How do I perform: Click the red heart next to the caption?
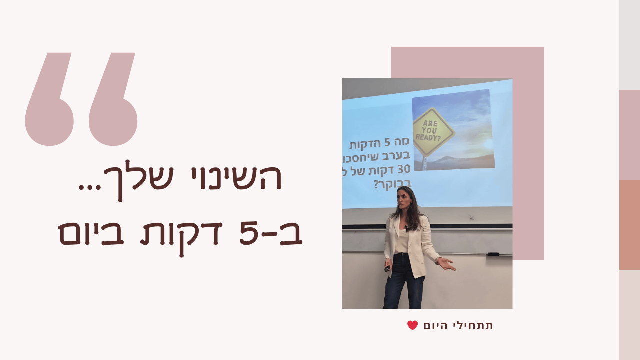pyautogui.click(x=412, y=325)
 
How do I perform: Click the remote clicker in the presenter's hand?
pyautogui.click(x=387, y=268)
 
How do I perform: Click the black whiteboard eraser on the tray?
pyautogui.click(x=493, y=254)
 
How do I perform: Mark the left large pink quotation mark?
pyautogui.click(x=50, y=100)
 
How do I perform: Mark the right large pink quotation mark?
pyautogui.click(x=114, y=100)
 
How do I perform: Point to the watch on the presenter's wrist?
pyautogui.click(x=438, y=260)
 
